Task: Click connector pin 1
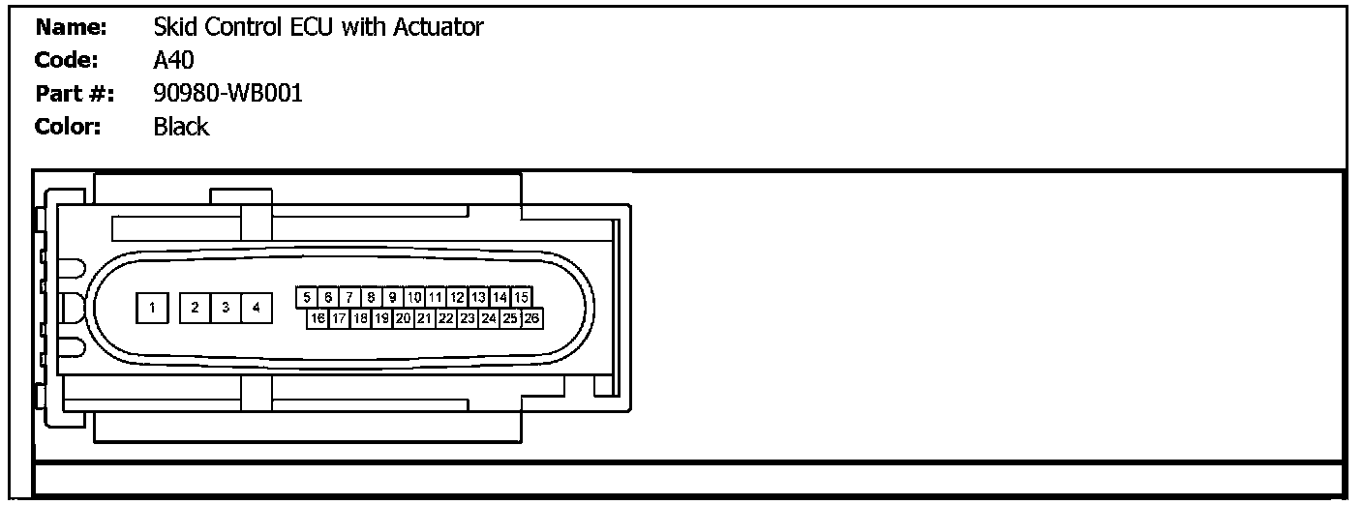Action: pyautogui.click(x=152, y=308)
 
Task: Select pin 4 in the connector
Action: pyautogui.click(x=256, y=308)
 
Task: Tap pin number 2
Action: pyautogui.click(x=196, y=308)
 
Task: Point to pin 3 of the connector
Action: pyautogui.click(x=226, y=308)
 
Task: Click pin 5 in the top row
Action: pyautogui.click(x=307, y=297)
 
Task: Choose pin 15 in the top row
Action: pyautogui.click(x=521, y=297)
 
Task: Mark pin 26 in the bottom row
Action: pyautogui.click(x=531, y=317)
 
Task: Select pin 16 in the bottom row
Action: pyautogui.click(x=318, y=317)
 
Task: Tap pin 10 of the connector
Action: pyautogui.click(x=414, y=297)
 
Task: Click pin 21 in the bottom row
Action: pyautogui.click(x=425, y=317)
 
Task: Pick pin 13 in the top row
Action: pyautogui.click(x=478, y=297)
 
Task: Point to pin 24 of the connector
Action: pyautogui.click(x=489, y=317)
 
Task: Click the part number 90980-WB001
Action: pyautogui.click(x=227, y=94)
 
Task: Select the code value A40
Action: pyautogui.click(x=174, y=61)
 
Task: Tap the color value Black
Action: pyautogui.click(x=181, y=127)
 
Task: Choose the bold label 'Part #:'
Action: pyautogui.click(x=74, y=94)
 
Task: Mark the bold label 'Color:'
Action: pyautogui.click(x=67, y=127)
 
